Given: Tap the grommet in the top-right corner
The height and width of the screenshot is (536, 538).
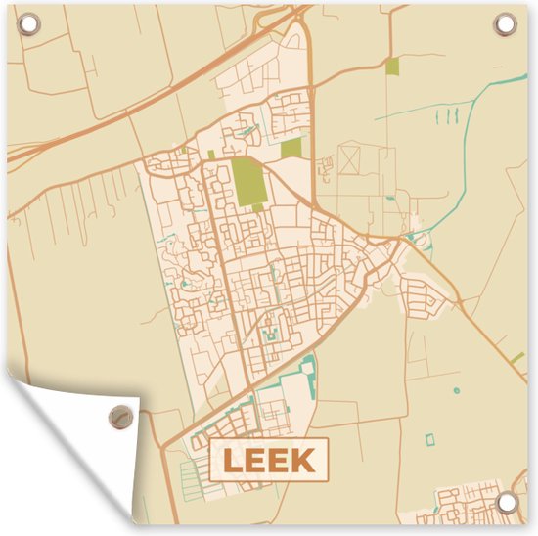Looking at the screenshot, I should tap(506, 22).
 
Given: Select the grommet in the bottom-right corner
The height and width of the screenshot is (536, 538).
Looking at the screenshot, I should tap(506, 502).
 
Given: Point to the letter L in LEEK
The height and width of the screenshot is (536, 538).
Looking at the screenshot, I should tap(233, 460).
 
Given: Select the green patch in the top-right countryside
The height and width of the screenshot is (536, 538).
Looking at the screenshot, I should tap(392, 67).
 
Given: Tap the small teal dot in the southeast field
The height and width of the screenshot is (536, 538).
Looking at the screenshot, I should tap(455, 391).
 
